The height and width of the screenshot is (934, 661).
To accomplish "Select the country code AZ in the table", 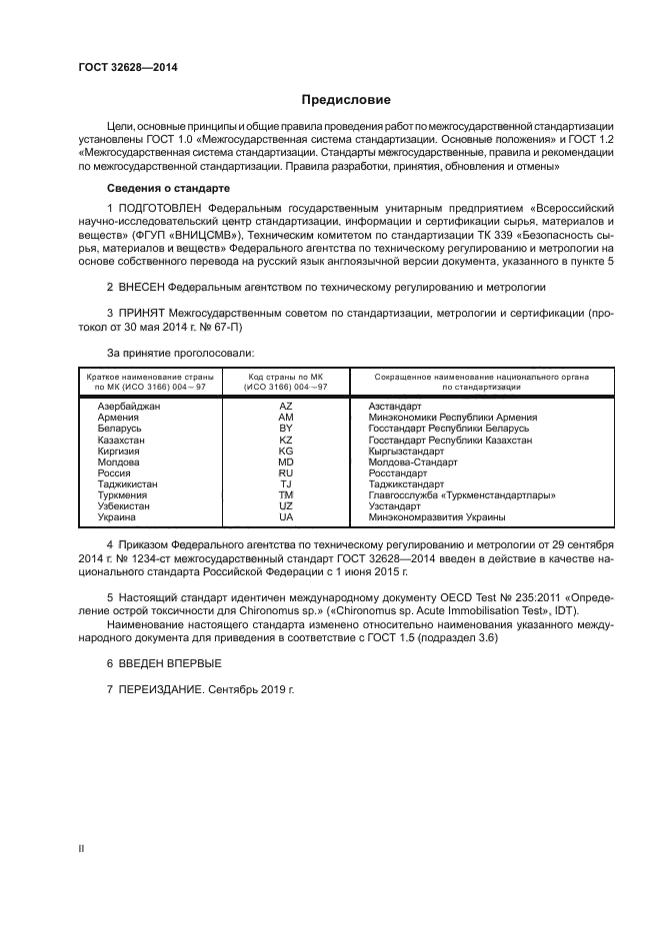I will (x=285, y=407).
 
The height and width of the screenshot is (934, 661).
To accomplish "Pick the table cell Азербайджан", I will (x=129, y=407).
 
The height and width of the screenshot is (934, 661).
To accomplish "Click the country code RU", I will (x=285, y=472).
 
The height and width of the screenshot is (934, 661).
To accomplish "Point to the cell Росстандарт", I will (x=397, y=472).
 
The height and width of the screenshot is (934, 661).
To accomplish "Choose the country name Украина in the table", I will (x=118, y=516).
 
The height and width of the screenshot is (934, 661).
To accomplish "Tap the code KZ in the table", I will (x=285, y=440).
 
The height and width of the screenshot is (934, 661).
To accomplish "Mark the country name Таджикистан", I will (x=128, y=483).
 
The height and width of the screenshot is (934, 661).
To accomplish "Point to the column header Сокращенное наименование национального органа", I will (x=481, y=377).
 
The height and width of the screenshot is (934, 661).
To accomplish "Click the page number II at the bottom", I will (x=82, y=846).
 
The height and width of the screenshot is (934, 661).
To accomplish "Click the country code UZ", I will (x=285, y=505).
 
